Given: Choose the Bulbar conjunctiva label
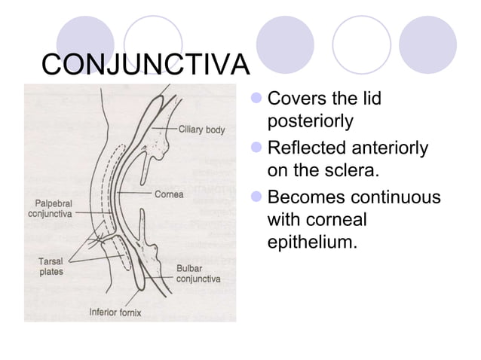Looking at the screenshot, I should (x=198, y=273).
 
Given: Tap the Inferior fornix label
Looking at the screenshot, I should (x=115, y=312).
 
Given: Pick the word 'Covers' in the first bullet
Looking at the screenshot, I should (x=294, y=98).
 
